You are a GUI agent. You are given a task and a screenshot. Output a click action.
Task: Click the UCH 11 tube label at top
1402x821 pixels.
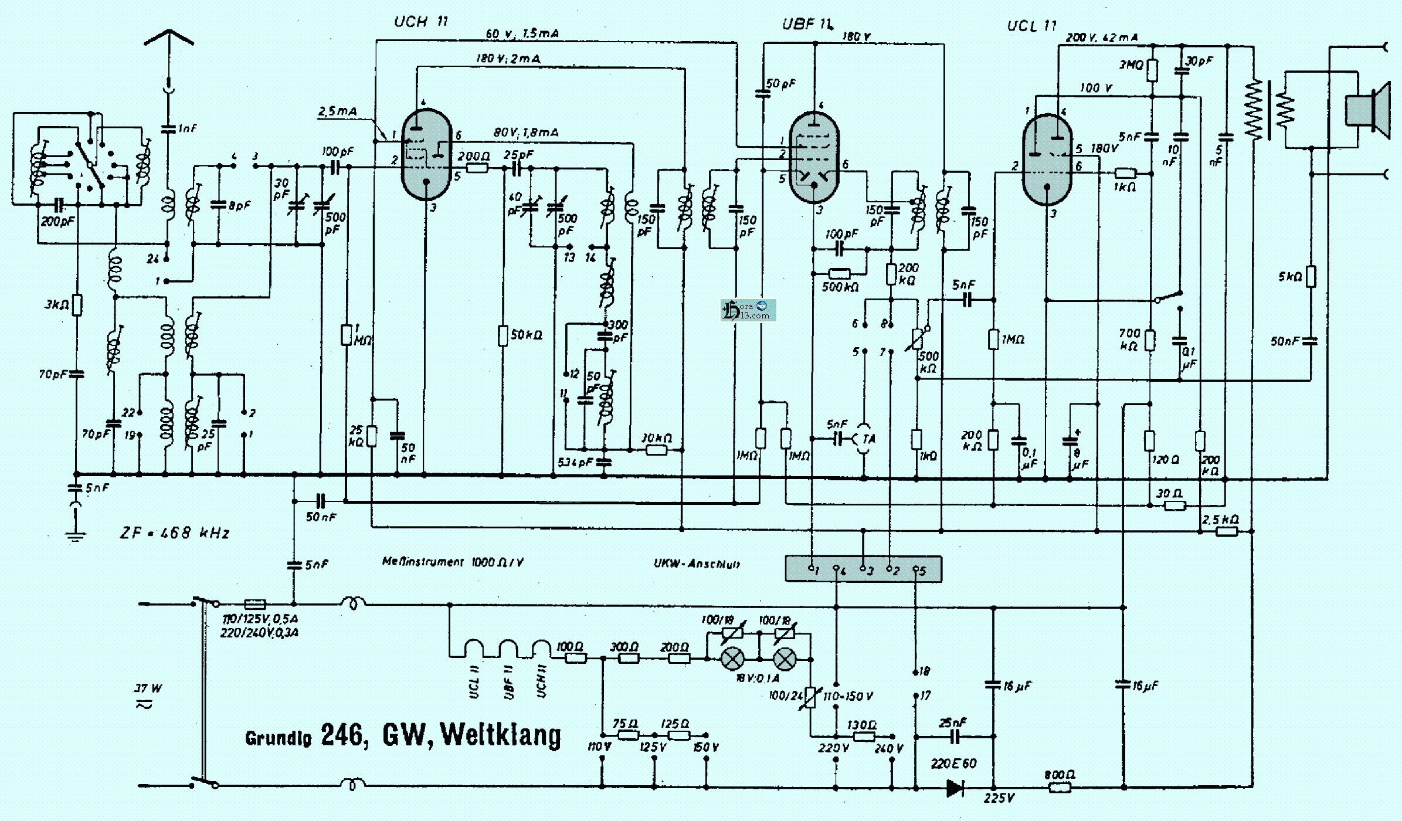[420, 22]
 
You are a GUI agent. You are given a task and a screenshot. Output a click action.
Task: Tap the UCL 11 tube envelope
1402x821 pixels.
[1047, 160]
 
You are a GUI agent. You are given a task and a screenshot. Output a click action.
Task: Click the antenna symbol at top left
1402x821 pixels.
[169, 38]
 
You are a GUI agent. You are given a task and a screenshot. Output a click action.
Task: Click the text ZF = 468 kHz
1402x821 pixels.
[175, 532]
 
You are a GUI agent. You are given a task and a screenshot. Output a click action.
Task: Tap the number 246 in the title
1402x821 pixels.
[345, 735]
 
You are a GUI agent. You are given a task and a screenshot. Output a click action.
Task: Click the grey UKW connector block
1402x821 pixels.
[863, 569]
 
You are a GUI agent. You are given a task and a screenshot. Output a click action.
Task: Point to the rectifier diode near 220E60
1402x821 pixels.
[955, 788]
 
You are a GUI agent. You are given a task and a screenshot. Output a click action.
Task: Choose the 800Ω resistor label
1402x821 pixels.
[1060, 775]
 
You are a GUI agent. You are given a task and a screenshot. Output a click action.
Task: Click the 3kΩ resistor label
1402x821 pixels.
[56, 304]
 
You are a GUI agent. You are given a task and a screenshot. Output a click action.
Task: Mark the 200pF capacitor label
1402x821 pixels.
[57, 222]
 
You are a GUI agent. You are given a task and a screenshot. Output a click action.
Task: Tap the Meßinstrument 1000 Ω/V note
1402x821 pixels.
[452, 562]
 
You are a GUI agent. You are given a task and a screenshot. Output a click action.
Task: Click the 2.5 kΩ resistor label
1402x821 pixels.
[1220, 520]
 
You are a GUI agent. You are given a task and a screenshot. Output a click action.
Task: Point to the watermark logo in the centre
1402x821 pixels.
[748, 310]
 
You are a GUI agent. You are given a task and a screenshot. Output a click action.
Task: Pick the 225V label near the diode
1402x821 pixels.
[999, 798]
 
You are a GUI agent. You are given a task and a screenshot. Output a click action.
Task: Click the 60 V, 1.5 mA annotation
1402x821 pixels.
[522, 33]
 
